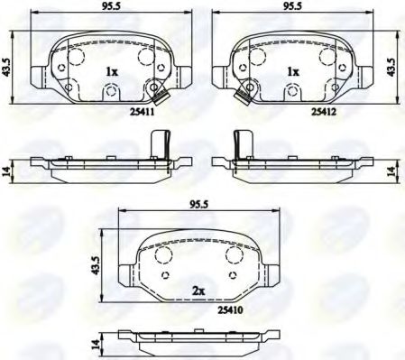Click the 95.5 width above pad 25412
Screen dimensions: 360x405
[x=290, y=6]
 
